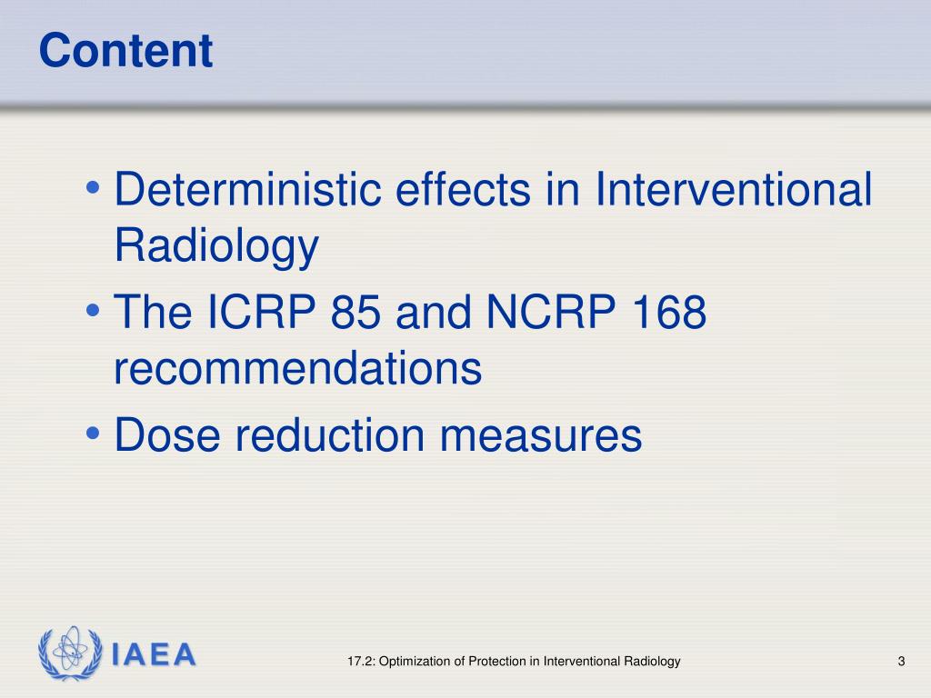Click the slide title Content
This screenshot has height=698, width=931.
coord(126,51)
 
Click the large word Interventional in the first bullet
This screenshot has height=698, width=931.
coord(734,190)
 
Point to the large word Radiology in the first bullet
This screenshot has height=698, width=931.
coord(216,245)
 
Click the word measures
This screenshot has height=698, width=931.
coord(542,435)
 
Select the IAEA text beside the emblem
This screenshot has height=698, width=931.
coord(155,654)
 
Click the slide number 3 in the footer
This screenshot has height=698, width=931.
coord(901,662)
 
